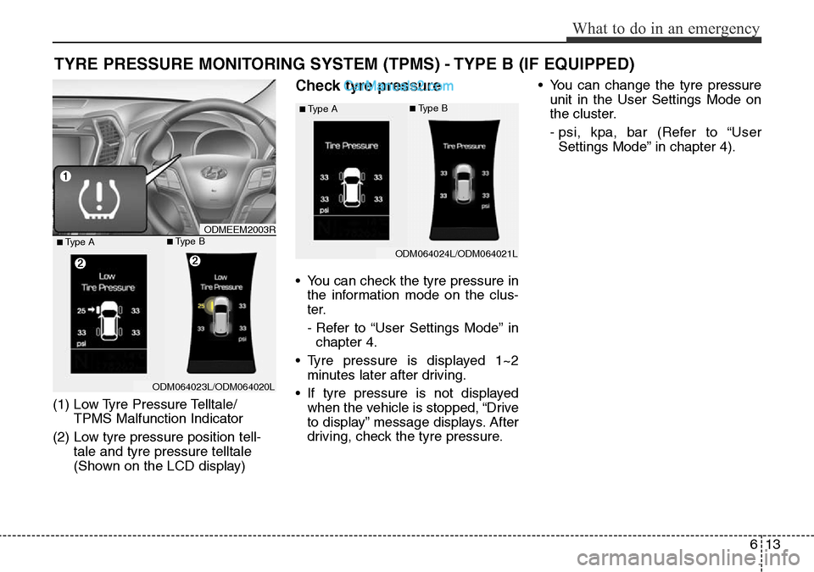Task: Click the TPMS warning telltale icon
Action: click(98, 199)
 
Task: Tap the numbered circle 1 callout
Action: click(64, 175)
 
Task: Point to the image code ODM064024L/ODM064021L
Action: click(457, 253)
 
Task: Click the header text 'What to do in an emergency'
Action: click(666, 28)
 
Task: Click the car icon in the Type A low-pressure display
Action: click(109, 320)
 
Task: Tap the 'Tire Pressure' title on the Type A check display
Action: click(351, 146)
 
